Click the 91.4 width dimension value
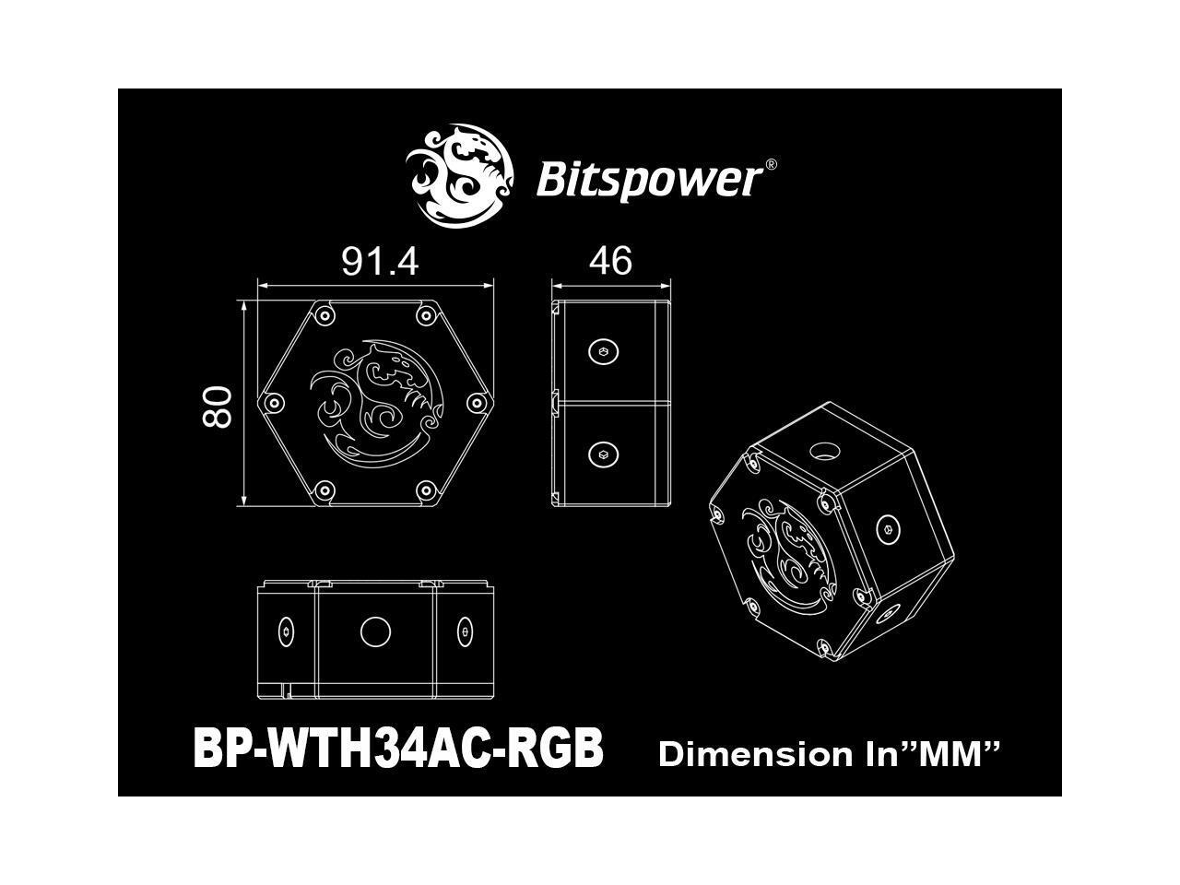tap(380, 262)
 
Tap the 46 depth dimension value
tap(610, 262)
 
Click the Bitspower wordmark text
tap(648, 180)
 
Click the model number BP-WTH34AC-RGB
tap(398, 748)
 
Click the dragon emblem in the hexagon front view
tap(373, 404)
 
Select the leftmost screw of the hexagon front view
tap(272, 404)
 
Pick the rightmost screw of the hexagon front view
tap(476, 404)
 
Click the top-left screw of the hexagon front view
tap(324, 316)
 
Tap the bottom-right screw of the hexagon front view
tap(425, 490)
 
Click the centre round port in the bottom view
tap(374, 632)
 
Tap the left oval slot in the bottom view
tap(285, 632)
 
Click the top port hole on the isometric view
tap(822, 452)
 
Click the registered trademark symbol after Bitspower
tap(771, 165)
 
